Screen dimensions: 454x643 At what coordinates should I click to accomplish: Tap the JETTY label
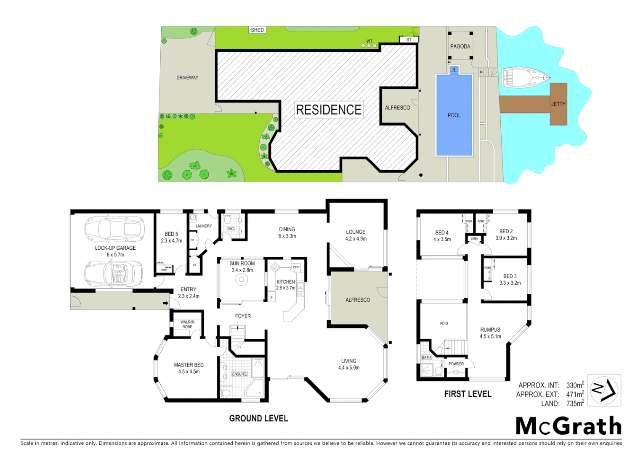(x=558, y=104)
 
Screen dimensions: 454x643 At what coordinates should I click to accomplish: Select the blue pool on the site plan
(x=454, y=115)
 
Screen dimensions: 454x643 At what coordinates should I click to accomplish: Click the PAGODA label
(x=460, y=47)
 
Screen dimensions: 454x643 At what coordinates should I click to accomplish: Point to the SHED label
(x=257, y=30)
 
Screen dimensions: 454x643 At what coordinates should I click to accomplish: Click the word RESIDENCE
(x=329, y=110)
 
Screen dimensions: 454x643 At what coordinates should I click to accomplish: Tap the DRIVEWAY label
(x=187, y=78)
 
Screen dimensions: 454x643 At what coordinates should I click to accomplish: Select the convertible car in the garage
(x=113, y=274)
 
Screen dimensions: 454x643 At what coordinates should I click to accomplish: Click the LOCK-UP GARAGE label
(x=115, y=248)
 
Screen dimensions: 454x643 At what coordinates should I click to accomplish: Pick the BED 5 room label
(x=171, y=234)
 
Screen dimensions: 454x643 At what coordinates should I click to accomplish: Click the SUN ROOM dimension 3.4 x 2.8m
(x=242, y=270)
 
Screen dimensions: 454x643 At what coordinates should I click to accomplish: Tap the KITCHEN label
(x=286, y=282)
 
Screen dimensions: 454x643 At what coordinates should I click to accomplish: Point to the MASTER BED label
(x=189, y=365)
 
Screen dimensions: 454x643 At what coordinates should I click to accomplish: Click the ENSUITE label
(x=239, y=374)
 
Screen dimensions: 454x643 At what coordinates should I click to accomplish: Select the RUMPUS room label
(x=490, y=330)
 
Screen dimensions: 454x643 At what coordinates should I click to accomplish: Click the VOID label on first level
(x=444, y=323)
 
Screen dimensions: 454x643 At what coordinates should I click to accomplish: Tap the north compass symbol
(x=604, y=390)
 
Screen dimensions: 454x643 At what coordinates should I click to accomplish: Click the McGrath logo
(x=569, y=426)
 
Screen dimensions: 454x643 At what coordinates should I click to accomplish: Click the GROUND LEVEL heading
(x=258, y=419)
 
